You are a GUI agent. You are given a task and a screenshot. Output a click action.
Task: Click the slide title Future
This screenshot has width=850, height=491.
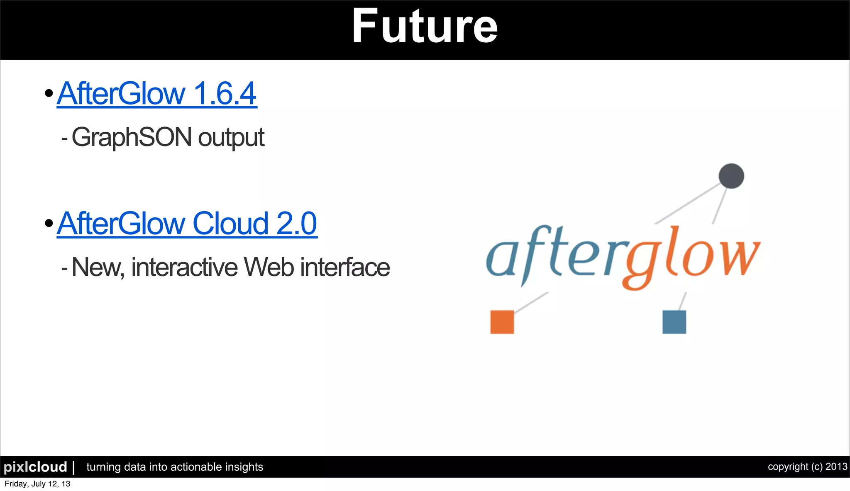(424, 27)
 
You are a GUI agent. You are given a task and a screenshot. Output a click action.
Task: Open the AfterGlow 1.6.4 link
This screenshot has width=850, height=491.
(157, 94)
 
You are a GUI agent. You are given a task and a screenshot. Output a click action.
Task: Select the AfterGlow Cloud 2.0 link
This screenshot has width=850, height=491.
(187, 224)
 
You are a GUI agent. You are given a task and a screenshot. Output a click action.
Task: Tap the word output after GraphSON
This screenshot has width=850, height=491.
(231, 138)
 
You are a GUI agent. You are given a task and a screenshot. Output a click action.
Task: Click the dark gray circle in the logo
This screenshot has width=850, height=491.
(731, 176)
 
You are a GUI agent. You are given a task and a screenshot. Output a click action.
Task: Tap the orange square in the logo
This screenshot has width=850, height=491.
(502, 322)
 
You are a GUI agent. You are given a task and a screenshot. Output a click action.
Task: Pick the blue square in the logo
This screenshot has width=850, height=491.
(674, 322)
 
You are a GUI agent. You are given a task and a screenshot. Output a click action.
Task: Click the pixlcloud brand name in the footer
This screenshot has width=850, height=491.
(35, 467)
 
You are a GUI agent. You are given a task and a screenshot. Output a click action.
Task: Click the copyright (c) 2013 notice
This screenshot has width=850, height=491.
(807, 467)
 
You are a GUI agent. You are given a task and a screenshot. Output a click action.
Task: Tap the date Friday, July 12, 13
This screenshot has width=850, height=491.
(37, 484)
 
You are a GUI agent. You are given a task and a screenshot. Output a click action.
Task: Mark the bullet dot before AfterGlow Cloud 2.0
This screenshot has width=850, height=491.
(49, 224)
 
